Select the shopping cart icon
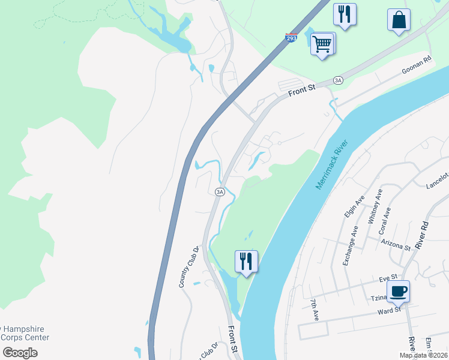pos(322,44)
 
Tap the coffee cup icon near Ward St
pos(398,292)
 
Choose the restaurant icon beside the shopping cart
pos(345,14)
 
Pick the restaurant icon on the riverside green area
pos(246,262)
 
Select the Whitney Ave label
pos(375,206)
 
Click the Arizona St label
pos(396,244)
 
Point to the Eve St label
pos(388,278)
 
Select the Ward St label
pos(389,311)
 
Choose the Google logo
pos(20,352)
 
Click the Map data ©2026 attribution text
pos(423,355)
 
